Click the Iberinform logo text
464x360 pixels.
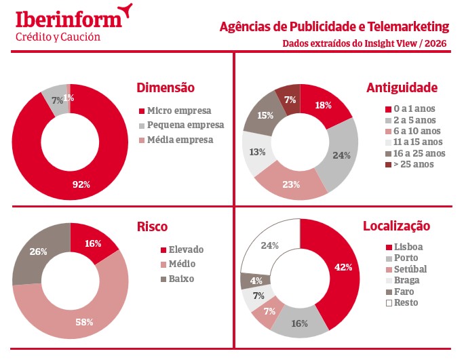coord(68,18)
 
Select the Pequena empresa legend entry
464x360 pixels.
coord(185,125)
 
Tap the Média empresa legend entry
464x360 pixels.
coord(180,140)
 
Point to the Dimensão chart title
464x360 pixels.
coord(166,87)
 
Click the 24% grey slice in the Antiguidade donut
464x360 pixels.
coord(341,155)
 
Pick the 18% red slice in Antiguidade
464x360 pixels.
coord(324,105)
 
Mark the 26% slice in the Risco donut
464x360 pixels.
coord(37,252)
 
